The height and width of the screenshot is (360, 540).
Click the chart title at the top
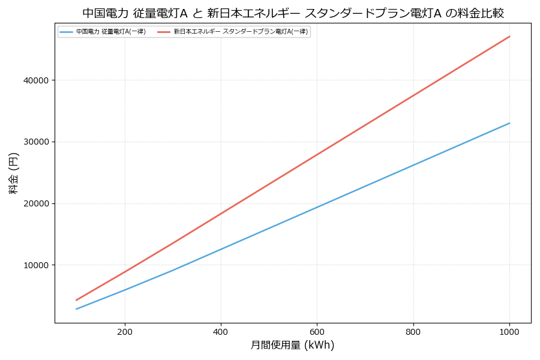[293, 13]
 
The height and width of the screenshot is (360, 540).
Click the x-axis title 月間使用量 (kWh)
[292, 346]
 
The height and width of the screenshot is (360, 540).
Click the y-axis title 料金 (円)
[13, 173]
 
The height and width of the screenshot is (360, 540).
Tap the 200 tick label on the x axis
[125, 331]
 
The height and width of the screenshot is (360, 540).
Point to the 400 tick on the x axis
[221, 331]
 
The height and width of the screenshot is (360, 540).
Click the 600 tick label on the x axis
[317, 331]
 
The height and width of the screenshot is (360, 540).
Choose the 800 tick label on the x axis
[413, 331]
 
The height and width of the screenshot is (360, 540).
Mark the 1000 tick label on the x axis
[509, 331]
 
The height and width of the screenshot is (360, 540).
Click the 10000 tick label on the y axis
[37, 265]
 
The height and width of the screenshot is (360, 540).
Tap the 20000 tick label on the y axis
[37, 203]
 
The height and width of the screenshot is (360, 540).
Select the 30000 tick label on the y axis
[37, 142]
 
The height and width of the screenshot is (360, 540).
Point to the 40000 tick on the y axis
[37, 80]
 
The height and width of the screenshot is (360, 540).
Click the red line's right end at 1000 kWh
[509, 37]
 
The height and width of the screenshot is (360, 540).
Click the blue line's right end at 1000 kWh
[509, 123]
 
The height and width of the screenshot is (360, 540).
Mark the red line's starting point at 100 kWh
[76, 300]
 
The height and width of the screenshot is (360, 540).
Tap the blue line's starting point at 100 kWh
[76, 309]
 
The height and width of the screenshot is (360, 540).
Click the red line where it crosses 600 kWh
[317, 155]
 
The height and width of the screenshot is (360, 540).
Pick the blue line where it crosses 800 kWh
[413, 165]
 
